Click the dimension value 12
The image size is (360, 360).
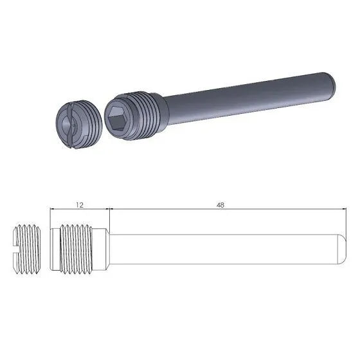pyautogui.click(x=80, y=204)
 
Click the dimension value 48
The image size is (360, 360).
pyautogui.click(x=221, y=204)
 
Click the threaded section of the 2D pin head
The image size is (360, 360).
pyautogui.click(x=78, y=247)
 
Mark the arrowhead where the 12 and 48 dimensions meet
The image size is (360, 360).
pyautogui.click(x=111, y=209)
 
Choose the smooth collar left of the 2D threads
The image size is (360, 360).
pyautogui.click(x=55, y=247)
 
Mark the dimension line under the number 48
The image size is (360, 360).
pyautogui.click(x=221, y=209)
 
